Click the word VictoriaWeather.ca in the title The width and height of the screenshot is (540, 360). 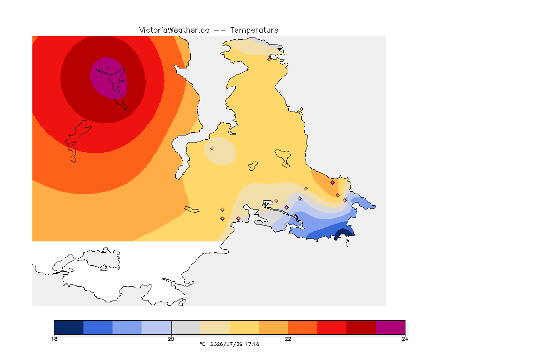click(x=174, y=30)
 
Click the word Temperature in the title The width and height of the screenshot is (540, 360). click(x=254, y=30)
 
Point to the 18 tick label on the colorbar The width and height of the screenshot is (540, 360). click(x=54, y=339)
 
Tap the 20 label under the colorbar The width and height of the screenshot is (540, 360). click(x=171, y=339)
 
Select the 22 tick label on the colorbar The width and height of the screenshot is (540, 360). click(x=288, y=339)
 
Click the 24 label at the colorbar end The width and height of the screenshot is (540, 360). click(x=405, y=339)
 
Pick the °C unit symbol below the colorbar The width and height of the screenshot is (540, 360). click(x=202, y=344)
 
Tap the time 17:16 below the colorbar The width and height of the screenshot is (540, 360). click(x=252, y=344)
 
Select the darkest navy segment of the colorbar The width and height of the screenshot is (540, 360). click(x=69, y=327)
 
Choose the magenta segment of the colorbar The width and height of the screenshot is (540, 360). click(x=390, y=327)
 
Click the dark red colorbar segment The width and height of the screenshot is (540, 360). click(x=361, y=327)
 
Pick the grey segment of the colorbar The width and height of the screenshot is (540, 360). click(x=186, y=327)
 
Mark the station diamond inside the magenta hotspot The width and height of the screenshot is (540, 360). click(x=108, y=69)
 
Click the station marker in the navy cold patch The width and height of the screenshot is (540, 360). click(x=342, y=231)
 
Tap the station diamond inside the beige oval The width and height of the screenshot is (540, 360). click(x=212, y=149)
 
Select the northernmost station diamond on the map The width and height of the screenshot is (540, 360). click(x=270, y=59)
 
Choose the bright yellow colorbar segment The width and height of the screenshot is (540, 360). click(x=244, y=327)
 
